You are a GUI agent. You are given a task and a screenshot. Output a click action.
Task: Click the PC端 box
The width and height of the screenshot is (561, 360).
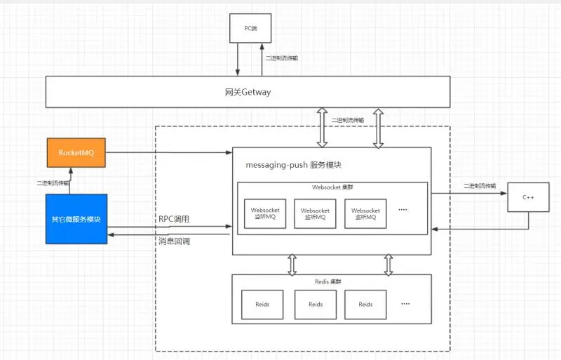(249, 29)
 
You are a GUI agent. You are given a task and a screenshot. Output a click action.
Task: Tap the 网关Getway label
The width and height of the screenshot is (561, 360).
(248, 92)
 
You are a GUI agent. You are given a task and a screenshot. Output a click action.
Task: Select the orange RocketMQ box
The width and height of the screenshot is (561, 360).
(77, 153)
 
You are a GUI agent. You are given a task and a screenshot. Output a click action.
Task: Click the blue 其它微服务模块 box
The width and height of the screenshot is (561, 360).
(77, 219)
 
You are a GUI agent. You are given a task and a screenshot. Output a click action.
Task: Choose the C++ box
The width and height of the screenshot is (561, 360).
(528, 199)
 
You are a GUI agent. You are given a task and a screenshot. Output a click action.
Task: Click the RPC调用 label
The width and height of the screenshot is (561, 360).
(173, 220)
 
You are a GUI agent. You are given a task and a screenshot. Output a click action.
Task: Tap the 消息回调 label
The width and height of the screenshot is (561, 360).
(173, 241)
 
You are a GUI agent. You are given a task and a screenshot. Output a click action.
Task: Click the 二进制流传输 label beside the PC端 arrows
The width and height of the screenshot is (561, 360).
(281, 59)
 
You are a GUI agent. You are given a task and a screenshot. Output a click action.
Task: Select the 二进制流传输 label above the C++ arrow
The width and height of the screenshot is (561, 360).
(480, 186)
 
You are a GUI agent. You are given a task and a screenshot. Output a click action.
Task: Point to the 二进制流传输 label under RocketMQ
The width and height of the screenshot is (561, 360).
(53, 182)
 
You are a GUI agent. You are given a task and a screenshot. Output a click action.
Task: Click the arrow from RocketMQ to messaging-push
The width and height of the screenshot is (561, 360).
(168, 152)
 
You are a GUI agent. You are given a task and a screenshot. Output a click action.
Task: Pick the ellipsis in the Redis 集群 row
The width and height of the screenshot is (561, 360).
(405, 304)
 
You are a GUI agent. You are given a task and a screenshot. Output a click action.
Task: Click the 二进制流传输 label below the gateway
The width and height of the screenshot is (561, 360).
(349, 120)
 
